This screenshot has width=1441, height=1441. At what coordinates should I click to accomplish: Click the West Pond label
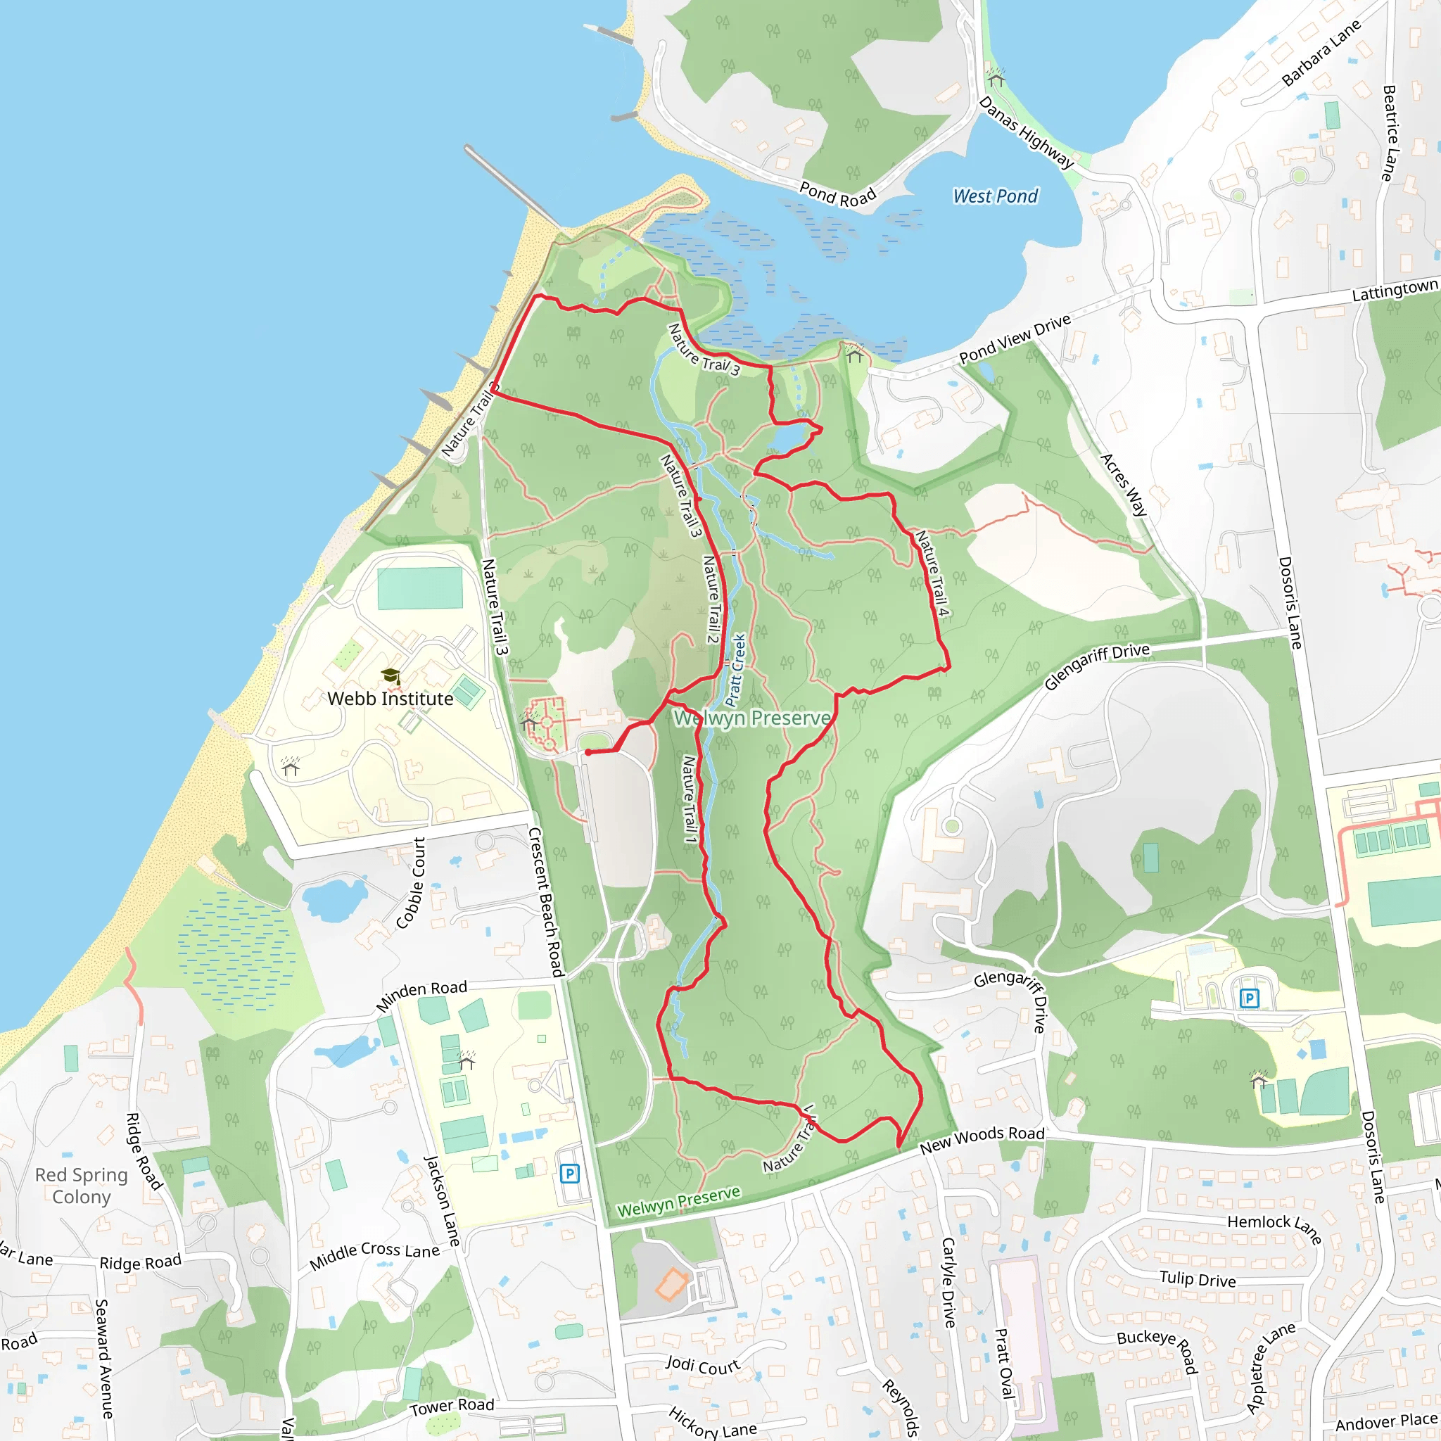pyautogui.click(x=995, y=196)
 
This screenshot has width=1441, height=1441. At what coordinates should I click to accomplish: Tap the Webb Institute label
pyautogui.click(x=390, y=699)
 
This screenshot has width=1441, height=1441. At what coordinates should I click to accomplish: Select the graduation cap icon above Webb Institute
pyautogui.click(x=391, y=676)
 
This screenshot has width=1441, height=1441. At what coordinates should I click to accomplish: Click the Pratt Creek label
pyautogui.click(x=735, y=670)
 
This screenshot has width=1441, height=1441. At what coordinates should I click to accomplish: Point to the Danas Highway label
pyautogui.click(x=1027, y=133)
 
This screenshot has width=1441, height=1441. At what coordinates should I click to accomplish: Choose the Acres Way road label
pyautogui.click(x=1124, y=485)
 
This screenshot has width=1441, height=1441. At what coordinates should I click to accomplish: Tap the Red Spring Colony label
pyautogui.click(x=82, y=1186)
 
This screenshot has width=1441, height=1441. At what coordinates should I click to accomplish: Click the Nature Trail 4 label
pyautogui.click(x=933, y=573)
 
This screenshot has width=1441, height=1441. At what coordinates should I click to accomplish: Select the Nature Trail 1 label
pyautogui.click(x=690, y=799)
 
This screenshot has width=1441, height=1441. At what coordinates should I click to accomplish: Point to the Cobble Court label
pyautogui.click(x=411, y=883)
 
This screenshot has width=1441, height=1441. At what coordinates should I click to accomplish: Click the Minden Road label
pyautogui.click(x=421, y=996)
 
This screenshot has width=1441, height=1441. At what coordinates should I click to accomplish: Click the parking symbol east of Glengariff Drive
pyautogui.click(x=1250, y=998)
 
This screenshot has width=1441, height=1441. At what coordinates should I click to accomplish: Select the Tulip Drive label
pyautogui.click(x=1197, y=1280)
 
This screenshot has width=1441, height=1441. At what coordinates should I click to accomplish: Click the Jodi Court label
pyautogui.click(x=703, y=1366)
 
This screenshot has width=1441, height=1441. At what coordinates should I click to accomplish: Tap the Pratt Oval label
pyautogui.click(x=1005, y=1363)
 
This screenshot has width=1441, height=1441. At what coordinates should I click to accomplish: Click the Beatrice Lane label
pyautogui.click(x=1389, y=133)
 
